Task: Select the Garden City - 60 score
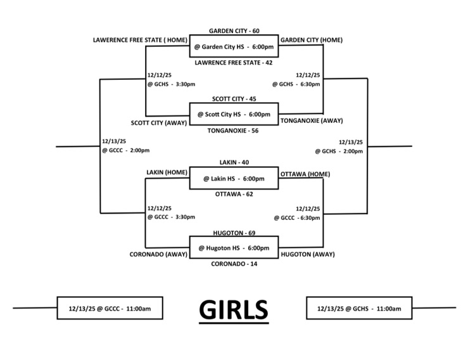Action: click(x=234, y=30)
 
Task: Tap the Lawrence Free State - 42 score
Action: click(x=234, y=63)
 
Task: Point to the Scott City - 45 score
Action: click(x=234, y=98)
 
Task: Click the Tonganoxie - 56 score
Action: click(x=234, y=131)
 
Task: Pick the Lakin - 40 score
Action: click(x=234, y=162)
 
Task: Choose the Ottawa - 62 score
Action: click(x=234, y=194)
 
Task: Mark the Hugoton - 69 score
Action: click(x=234, y=233)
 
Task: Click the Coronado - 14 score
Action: click(x=234, y=264)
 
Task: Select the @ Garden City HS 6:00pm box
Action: click(x=234, y=46)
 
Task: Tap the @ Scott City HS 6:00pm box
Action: click(x=234, y=114)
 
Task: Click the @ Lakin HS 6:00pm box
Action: click(x=234, y=178)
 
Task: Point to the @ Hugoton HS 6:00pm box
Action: click(x=234, y=248)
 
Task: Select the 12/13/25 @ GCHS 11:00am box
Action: click(x=359, y=309)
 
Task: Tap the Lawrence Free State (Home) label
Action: click(x=139, y=40)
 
